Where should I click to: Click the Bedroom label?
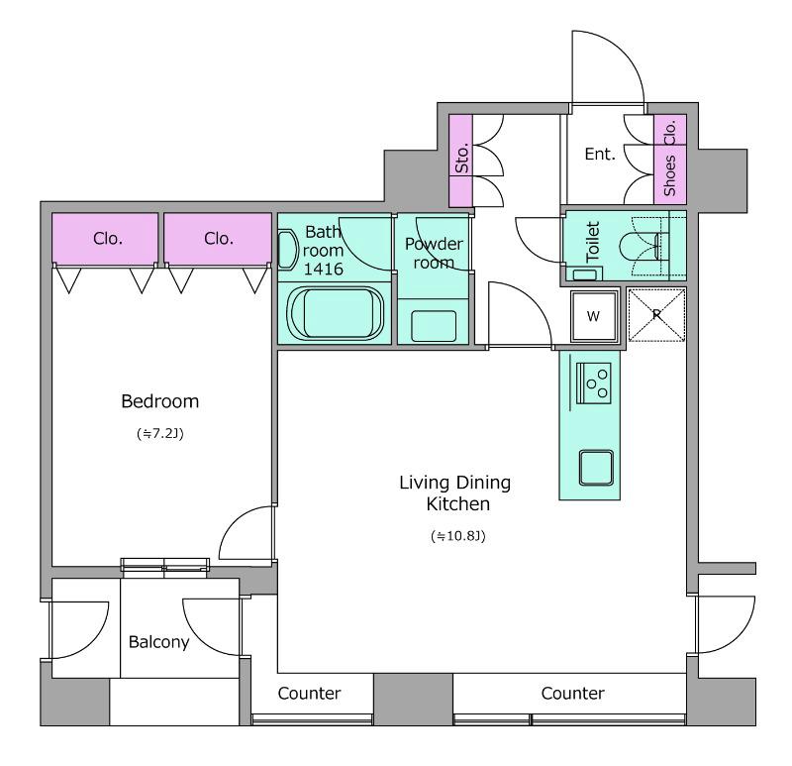(160, 401)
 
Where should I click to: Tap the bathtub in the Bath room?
(335, 313)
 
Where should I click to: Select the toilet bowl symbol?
(640, 247)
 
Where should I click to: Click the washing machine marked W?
(594, 316)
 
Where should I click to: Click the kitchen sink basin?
(596, 467)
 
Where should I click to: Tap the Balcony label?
(158, 641)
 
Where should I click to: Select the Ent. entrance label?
(600, 154)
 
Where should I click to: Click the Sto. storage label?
(461, 158)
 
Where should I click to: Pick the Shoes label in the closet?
(670, 175)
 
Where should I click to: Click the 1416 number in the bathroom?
(324, 269)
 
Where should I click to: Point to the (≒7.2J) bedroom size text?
(160, 433)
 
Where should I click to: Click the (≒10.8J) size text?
(458, 535)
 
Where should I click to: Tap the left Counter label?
(309, 694)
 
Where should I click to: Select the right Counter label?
(572, 694)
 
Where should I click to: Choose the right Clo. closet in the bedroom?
(218, 238)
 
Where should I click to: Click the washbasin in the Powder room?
(434, 326)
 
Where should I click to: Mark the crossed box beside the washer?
(656, 314)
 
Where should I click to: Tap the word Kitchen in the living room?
(458, 504)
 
